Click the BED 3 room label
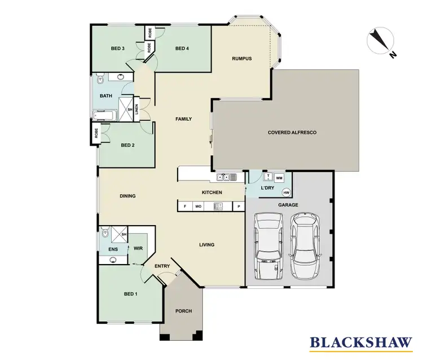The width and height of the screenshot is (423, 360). click(x=117, y=49)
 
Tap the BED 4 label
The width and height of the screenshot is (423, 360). click(x=182, y=49)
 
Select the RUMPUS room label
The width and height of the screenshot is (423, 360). click(x=241, y=59)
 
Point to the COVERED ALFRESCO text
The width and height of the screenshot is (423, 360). click(x=292, y=132)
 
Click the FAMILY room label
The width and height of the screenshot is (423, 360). click(x=183, y=119)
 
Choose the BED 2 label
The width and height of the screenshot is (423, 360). click(x=128, y=145)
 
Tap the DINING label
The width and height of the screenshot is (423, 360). click(x=127, y=196)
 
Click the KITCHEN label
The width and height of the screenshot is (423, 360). click(x=212, y=192)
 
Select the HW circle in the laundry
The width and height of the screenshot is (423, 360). click(x=286, y=192)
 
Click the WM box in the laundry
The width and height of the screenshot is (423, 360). click(x=279, y=178)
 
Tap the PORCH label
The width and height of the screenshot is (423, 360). click(x=183, y=311)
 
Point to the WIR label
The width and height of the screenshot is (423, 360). click(x=138, y=248)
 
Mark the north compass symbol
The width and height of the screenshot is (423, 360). click(x=381, y=42)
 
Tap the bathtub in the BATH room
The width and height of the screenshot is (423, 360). click(x=105, y=116)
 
